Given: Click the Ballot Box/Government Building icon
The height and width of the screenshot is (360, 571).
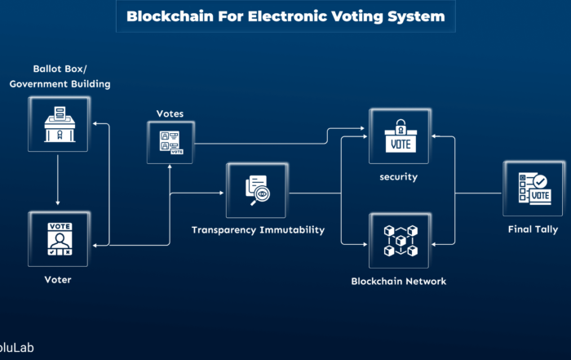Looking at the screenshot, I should (x=58, y=123).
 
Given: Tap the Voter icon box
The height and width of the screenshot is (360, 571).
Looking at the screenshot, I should (x=58, y=239).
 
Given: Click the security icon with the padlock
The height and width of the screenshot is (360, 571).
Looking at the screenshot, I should (x=400, y=136).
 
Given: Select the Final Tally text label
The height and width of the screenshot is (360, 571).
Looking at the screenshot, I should (x=533, y=229).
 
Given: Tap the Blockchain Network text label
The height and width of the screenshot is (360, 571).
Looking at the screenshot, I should (x=399, y=282).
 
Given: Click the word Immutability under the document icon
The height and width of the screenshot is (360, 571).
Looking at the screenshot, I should (x=290, y=230).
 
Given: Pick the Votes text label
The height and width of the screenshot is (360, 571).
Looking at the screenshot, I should (x=170, y=113).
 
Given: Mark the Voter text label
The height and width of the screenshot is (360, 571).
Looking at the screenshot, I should (x=58, y=280).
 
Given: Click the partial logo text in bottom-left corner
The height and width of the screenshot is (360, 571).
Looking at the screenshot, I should (x=16, y=348).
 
